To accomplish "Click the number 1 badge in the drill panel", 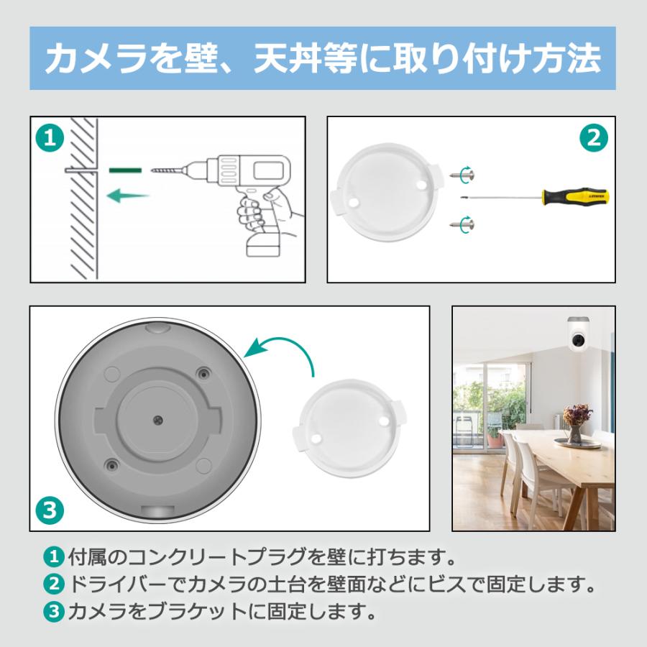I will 48,137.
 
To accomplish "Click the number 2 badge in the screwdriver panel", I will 594,137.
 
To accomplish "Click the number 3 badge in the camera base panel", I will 49,511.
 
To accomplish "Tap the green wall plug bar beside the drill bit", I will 126,171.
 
